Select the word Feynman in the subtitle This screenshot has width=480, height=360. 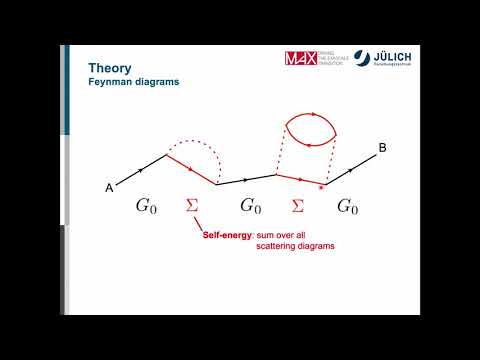(109, 82)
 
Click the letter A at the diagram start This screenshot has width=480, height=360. (108, 187)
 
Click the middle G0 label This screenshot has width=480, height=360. (250, 207)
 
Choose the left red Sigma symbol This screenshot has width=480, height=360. (193, 207)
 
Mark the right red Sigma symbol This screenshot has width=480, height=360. (297, 207)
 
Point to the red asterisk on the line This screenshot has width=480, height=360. (319, 187)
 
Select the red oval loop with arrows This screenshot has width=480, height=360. (309, 128)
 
